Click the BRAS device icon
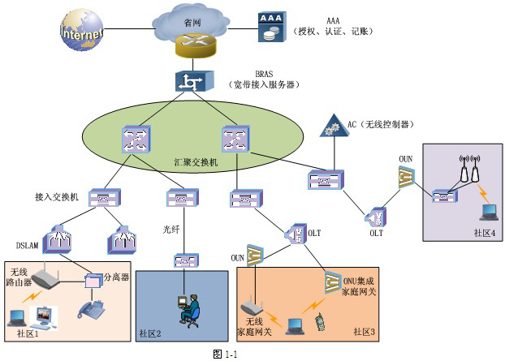[192, 81]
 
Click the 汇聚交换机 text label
[197, 162]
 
